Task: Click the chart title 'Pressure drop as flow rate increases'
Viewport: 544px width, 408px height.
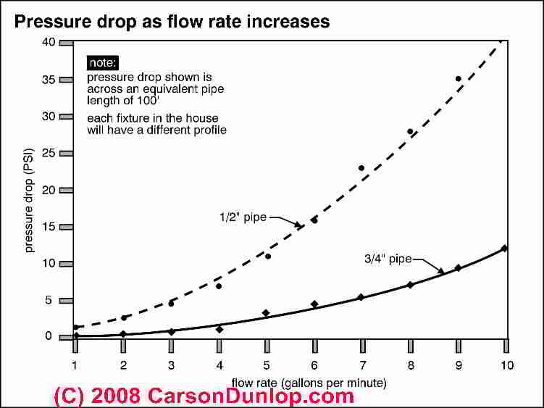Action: pyautogui.click(x=172, y=21)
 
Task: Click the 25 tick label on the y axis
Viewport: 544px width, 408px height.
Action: pyautogui.click(x=49, y=153)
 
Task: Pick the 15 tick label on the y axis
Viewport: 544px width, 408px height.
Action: pyautogui.click(x=49, y=227)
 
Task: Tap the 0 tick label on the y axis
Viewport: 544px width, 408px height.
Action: pyautogui.click(x=49, y=336)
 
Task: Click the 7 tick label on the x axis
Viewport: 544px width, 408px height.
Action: pyautogui.click(x=362, y=365)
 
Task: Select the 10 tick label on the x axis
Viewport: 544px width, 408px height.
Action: pyautogui.click(x=506, y=365)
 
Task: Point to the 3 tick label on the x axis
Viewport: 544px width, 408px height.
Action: pyautogui.click(x=171, y=365)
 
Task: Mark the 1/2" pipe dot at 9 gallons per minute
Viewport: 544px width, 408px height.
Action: pyautogui.click(x=458, y=79)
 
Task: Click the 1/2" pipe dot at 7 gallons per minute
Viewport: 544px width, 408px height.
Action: pyautogui.click(x=362, y=168)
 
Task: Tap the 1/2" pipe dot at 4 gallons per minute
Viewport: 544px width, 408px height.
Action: pyautogui.click(x=219, y=286)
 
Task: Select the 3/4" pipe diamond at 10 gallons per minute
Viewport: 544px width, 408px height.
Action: pyautogui.click(x=505, y=249)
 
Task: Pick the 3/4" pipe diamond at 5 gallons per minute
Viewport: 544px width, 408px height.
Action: pyautogui.click(x=267, y=313)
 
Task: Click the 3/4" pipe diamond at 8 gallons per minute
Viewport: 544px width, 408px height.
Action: pyautogui.click(x=410, y=285)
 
